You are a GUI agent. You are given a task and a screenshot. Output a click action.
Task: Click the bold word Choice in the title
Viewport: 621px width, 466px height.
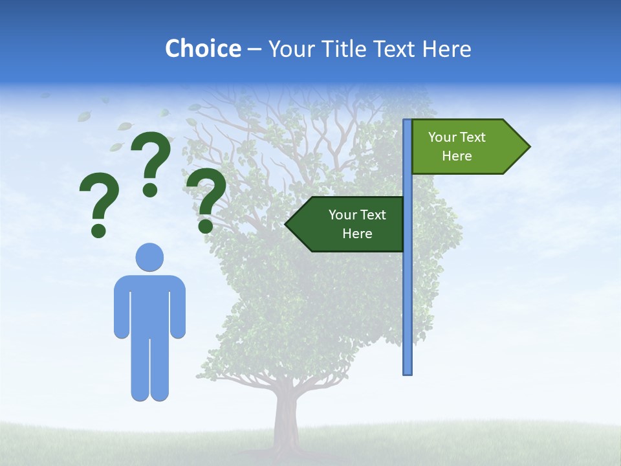click(202, 49)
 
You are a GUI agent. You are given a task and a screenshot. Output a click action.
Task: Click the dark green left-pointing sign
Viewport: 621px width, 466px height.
click(349, 224)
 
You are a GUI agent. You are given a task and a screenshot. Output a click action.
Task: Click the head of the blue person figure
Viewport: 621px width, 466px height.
click(149, 257)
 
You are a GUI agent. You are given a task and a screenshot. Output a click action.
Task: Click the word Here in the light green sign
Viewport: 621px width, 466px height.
click(457, 156)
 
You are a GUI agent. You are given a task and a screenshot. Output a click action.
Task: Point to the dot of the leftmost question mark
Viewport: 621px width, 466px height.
click(98, 230)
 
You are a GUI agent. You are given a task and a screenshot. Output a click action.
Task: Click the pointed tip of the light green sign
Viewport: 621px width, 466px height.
click(528, 147)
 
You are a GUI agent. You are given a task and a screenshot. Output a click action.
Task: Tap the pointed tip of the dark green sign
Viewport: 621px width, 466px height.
click(287, 224)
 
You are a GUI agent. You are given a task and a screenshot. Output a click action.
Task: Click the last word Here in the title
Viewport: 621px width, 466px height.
click(447, 49)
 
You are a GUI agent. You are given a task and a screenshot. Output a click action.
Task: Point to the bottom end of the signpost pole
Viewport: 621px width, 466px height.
click(408, 372)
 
